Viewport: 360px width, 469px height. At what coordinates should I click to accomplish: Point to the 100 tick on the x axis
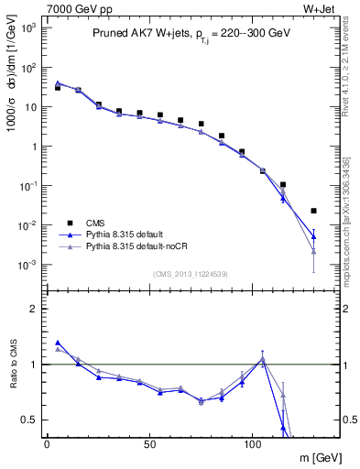point(253,442)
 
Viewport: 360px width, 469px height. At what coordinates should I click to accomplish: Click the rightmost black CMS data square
point(314,211)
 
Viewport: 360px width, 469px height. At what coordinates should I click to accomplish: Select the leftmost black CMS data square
point(58,88)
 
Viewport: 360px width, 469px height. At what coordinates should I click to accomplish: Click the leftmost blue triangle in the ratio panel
point(58,343)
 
